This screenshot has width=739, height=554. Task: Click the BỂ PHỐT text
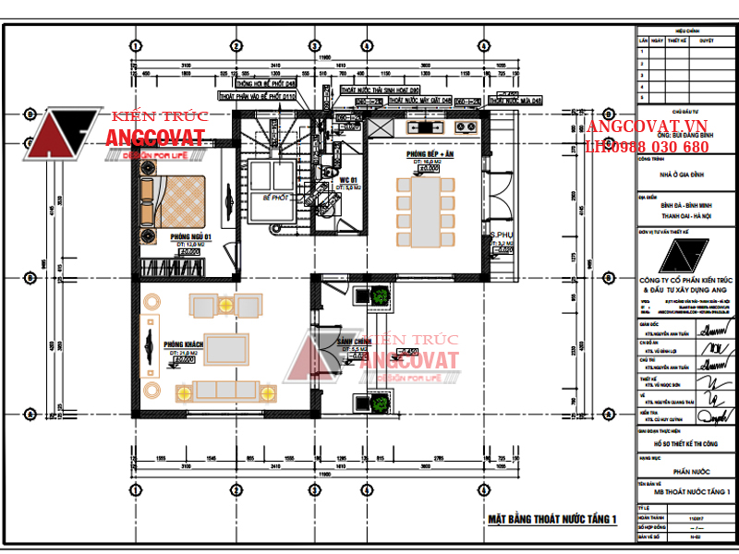point(275,198)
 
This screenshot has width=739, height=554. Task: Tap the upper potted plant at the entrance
point(379,295)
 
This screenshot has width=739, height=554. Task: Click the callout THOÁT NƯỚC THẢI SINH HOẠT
point(380,90)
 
